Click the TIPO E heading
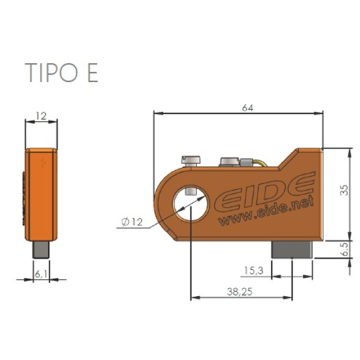(x=61, y=73)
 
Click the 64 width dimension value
(x=248, y=108)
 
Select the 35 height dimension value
(x=344, y=190)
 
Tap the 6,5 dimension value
(x=344, y=249)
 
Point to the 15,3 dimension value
(x=254, y=270)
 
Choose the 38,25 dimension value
(x=240, y=292)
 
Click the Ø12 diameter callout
(x=131, y=222)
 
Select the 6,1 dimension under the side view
(x=41, y=274)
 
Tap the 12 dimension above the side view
(x=41, y=116)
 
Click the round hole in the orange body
(x=190, y=204)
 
